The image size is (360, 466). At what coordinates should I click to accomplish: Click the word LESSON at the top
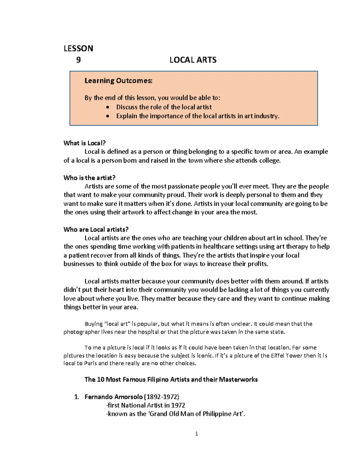[x=78, y=48]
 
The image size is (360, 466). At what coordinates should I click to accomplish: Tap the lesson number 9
[x=78, y=60]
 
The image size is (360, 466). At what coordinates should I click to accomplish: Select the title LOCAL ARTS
[x=193, y=60]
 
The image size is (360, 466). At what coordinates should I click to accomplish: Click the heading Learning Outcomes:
[x=118, y=80]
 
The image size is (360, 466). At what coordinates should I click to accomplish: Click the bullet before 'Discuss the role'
[x=108, y=107]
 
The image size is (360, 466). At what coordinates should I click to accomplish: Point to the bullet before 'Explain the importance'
[x=108, y=116]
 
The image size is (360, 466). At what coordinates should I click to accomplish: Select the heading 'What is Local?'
[x=85, y=143]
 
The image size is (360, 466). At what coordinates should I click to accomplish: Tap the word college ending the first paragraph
[x=269, y=161]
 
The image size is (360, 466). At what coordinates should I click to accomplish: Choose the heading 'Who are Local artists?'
[x=96, y=230]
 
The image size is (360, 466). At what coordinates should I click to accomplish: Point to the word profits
[x=257, y=264]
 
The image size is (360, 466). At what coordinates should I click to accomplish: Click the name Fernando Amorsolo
[x=114, y=397]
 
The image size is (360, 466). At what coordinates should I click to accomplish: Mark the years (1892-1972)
[x=162, y=397]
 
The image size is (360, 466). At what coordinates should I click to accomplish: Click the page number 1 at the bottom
[x=196, y=434]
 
